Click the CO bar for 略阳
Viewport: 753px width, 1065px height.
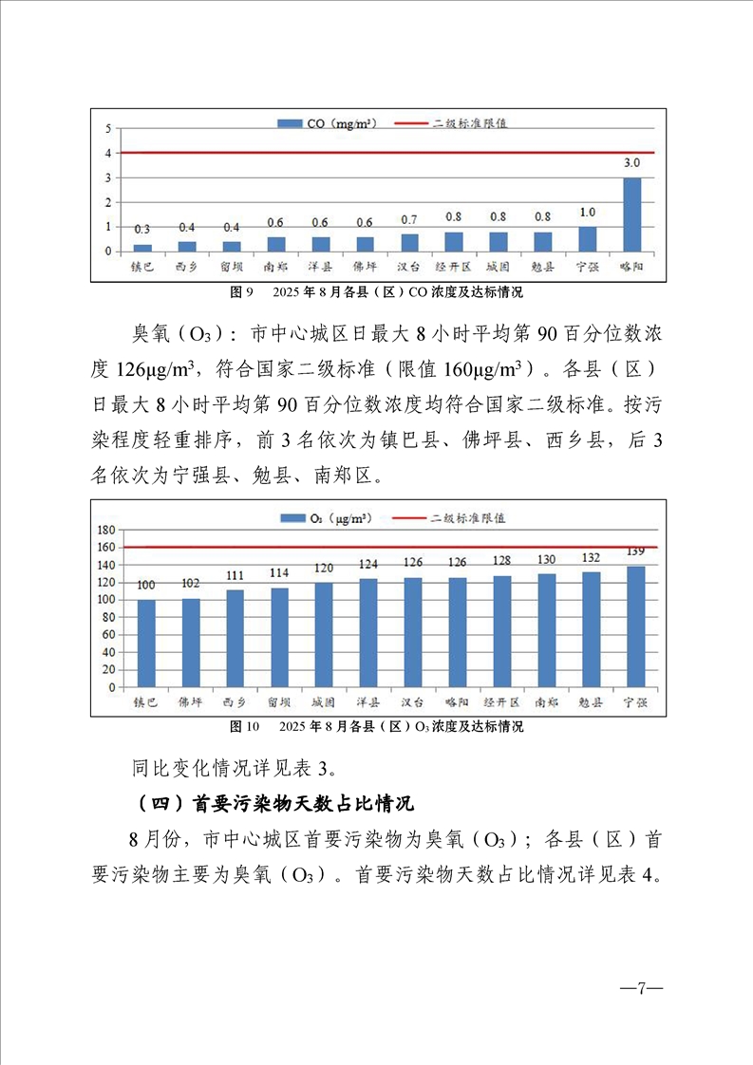(x=631, y=215)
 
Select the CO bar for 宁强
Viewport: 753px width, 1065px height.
(x=588, y=239)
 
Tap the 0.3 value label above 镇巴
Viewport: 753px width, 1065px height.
(x=141, y=230)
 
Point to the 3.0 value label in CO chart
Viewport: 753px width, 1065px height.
(x=631, y=163)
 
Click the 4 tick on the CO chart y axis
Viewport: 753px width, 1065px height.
(x=109, y=153)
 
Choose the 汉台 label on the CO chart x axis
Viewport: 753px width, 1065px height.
(x=409, y=267)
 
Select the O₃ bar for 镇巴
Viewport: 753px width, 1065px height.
(x=146, y=643)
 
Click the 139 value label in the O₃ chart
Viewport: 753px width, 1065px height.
(x=635, y=551)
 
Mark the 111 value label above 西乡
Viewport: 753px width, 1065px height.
(x=235, y=575)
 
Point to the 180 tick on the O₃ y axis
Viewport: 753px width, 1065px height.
(x=106, y=531)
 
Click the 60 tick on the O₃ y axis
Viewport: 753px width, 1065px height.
(x=109, y=635)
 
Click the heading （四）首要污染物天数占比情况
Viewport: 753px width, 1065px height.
(x=273, y=803)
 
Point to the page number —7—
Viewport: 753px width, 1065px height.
(x=641, y=988)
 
